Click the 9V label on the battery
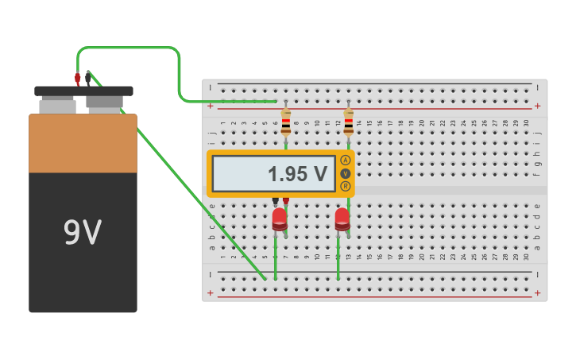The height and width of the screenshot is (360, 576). [83, 232]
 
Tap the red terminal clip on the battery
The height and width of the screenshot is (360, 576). [77, 79]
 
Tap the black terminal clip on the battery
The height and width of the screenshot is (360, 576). [88, 79]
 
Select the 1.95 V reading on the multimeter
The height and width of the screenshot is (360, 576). [296, 174]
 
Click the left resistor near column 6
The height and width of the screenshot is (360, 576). [285, 123]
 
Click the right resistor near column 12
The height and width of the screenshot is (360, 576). [348, 123]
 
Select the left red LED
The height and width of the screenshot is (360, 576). [280, 219]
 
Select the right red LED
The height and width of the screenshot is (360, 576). [342, 219]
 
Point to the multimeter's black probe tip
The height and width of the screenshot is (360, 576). [276, 201]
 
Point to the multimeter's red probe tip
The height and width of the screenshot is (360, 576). [286, 201]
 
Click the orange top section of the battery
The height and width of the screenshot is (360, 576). [83, 143]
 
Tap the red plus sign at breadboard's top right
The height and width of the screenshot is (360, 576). [537, 106]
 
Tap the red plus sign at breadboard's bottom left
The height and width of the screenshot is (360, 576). [211, 293]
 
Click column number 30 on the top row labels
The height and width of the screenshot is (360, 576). [526, 122]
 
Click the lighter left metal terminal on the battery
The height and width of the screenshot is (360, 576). [57, 105]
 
